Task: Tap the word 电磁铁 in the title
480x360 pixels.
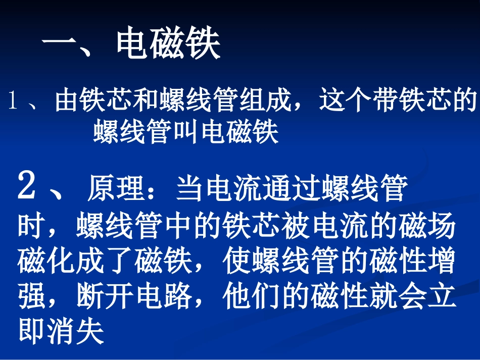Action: point(169,45)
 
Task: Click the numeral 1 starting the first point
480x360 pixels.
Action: point(13,102)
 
